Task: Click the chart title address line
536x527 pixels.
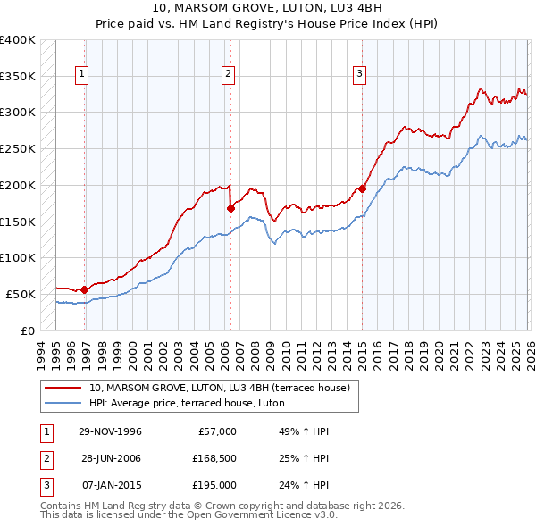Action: (x=268, y=9)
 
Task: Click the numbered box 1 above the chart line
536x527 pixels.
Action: (x=81, y=74)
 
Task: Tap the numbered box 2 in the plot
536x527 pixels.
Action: (x=229, y=74)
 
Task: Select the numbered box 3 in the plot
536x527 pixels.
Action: (x=359, y=74)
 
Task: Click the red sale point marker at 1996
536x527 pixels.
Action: (x=84, y=289)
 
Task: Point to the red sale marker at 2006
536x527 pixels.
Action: (x=230, y=208)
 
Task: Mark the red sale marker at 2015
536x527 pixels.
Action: (x=362, y=188)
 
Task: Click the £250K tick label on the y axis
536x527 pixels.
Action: (x=18, y=148)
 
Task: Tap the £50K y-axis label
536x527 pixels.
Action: (x=21, y=294)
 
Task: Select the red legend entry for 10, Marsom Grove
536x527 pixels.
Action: (x=223, y=388)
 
